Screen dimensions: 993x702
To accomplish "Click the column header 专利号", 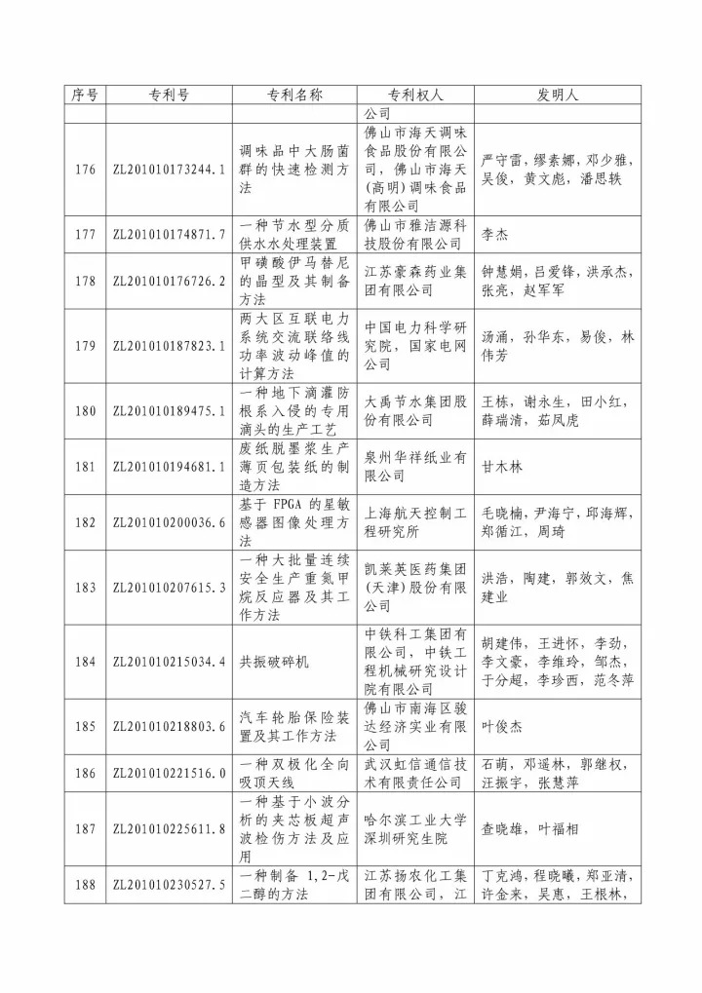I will (x=170, y=95).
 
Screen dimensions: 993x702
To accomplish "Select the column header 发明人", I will (x=558, y=95).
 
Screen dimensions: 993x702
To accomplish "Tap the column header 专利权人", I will (x=416, y=95).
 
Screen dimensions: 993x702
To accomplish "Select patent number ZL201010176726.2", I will (x=170, y=282).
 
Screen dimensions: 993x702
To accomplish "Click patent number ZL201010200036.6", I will (x=170, y=522).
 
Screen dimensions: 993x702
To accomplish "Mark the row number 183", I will (x=85, y=587).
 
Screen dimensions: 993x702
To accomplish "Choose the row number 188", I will (x=85, y=884).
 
